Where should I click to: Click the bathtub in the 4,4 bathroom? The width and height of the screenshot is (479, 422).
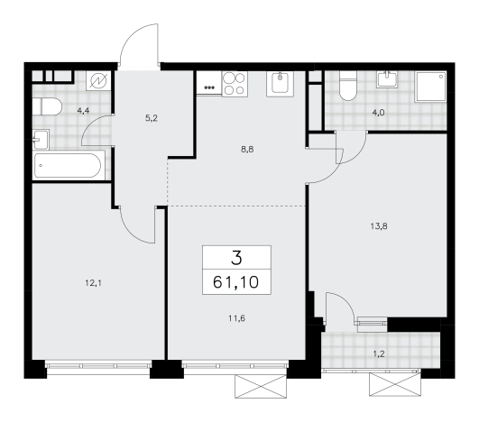pos(68,165)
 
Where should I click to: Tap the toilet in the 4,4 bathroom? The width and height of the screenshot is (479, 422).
pos(47,106)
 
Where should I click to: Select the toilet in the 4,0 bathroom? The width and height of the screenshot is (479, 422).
pos(348,86)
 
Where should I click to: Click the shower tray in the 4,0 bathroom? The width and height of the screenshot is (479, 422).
pos(430,86)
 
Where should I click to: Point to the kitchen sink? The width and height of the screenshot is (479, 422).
pos(280,84)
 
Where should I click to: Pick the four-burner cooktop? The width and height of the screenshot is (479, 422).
pos(235,84)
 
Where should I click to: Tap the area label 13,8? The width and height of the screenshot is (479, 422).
pos(379,226)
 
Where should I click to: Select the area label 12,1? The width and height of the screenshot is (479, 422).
pos(94,283)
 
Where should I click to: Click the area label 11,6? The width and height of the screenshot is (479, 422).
pos(236,318)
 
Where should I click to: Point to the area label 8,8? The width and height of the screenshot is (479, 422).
pos(247,150)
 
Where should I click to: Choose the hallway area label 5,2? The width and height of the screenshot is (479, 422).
pos(152,118)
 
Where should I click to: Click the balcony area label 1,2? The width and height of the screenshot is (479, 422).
pos(379,353)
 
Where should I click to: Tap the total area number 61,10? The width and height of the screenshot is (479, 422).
pos(235,282)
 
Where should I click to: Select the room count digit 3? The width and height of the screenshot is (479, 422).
pos(236,258)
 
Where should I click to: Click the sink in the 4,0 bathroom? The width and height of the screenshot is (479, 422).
pos(387,79)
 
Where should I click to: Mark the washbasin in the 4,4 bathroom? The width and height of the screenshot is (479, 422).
pos(41,140)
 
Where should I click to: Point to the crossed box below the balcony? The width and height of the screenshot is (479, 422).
pos(395,384)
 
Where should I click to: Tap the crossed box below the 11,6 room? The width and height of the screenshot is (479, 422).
pos(261,386)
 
